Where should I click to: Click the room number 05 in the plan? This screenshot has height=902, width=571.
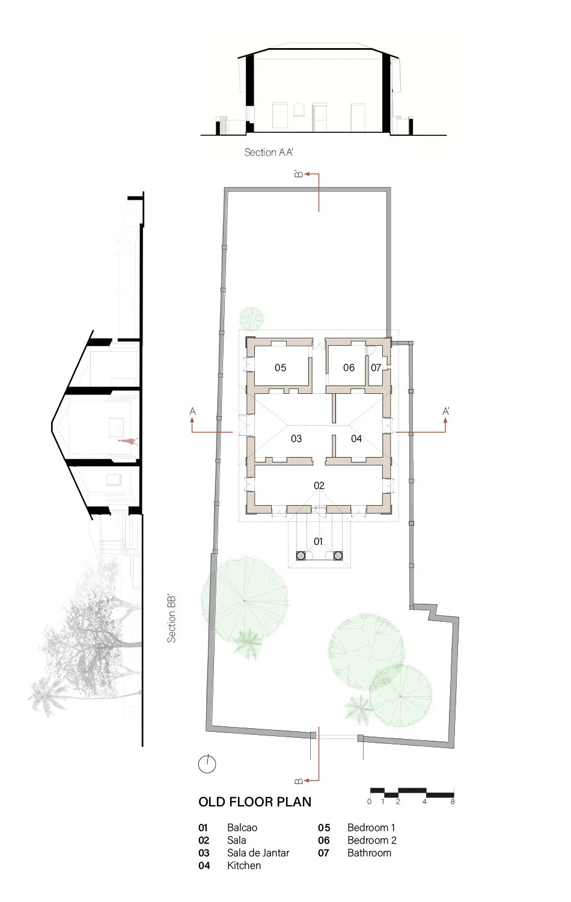[280, 367]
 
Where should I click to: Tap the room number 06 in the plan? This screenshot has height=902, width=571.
[349, 367]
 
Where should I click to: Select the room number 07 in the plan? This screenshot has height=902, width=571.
[376, 367]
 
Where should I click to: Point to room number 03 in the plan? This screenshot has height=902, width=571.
[296, 438]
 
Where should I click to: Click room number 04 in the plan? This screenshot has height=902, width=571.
[356, 438]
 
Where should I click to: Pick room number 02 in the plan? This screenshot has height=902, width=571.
[319, 485]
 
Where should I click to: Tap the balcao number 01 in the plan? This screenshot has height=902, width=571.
[319, 541]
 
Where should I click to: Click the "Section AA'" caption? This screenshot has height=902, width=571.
[269, 152]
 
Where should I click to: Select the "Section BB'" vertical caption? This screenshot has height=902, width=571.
[172, 618]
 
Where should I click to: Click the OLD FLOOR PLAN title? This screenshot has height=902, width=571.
[255, 802]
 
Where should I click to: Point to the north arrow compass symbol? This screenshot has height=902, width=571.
[207, 764]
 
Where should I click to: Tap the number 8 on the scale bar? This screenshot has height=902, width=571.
[453, 802]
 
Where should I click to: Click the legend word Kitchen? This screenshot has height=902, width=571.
[244, 865]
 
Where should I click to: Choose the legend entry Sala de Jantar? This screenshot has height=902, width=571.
[258, 853]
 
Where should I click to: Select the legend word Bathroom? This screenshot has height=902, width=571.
[369, 853]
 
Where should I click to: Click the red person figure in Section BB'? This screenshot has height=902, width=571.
[127, 441]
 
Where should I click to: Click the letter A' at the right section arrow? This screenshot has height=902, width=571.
[446, 411]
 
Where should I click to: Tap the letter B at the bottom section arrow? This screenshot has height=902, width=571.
[298, 781]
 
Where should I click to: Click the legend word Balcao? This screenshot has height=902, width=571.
[242, 827]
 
